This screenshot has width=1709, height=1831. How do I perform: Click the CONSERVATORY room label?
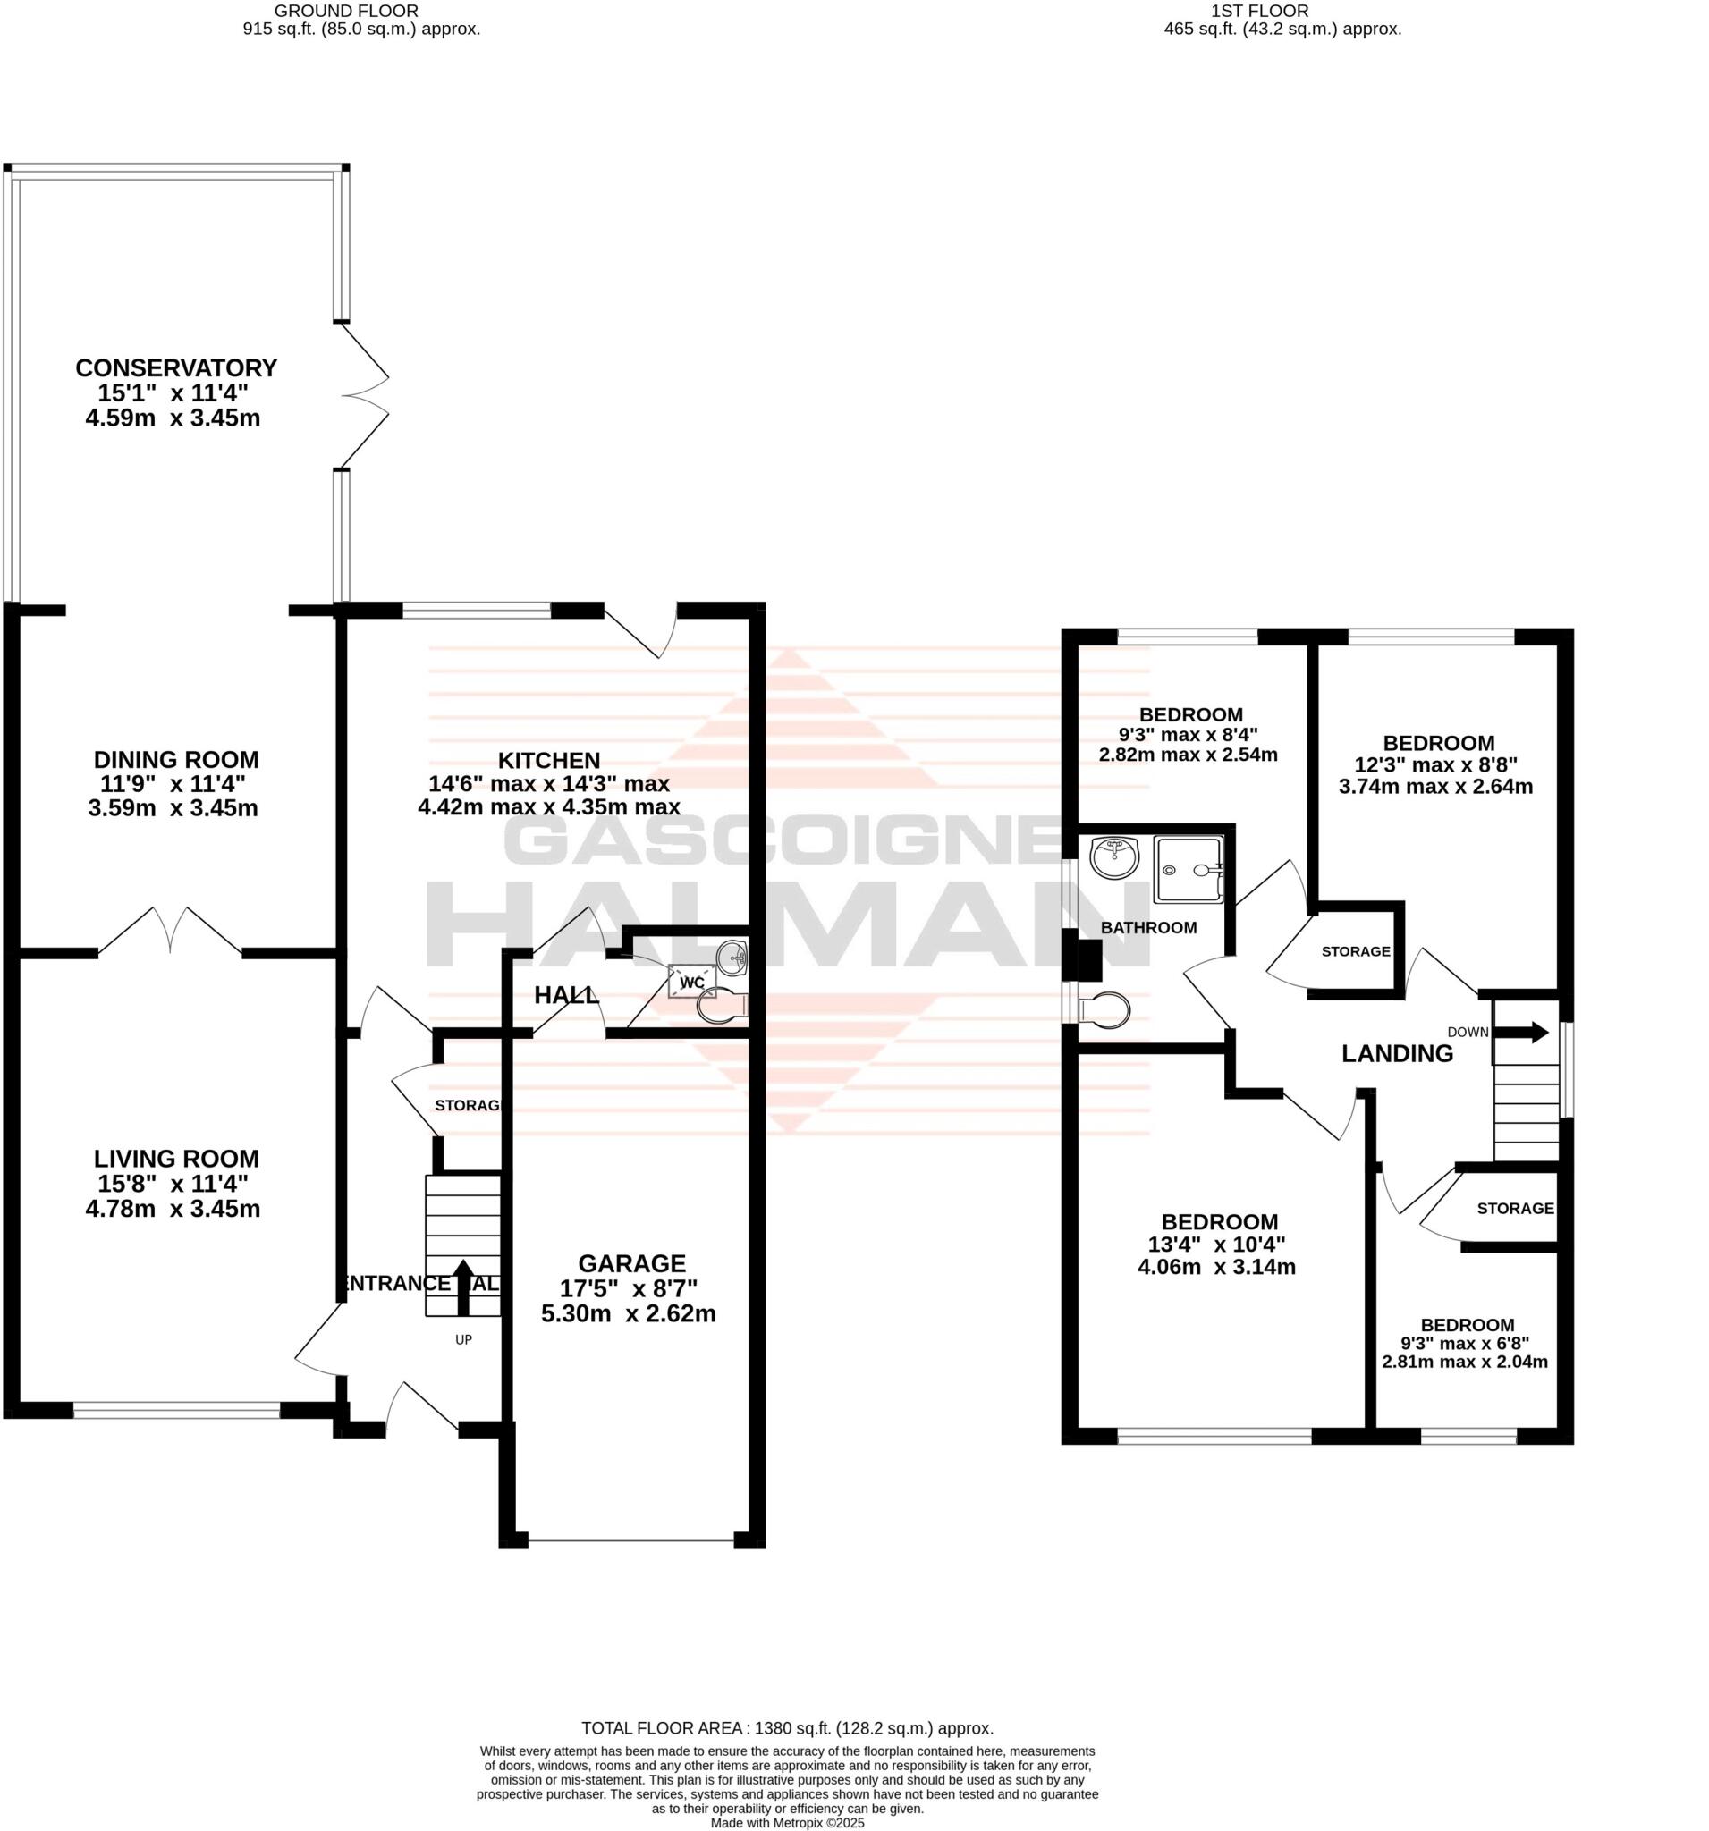175,367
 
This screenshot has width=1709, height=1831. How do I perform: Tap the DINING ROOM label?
176,760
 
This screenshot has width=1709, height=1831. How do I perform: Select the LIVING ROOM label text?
176,1159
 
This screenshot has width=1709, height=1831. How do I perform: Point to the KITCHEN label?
549,760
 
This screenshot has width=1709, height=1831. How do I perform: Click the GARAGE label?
631,1262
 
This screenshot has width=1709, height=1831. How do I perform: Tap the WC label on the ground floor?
691,983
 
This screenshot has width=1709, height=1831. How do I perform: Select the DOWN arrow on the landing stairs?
1526,1032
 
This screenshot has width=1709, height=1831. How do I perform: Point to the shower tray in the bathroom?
1189,869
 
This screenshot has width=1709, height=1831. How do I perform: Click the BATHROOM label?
1148,927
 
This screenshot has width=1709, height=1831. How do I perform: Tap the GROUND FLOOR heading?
346,11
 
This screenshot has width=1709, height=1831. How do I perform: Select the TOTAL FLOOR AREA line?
787,1729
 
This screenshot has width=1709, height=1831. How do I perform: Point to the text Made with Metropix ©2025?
787,1823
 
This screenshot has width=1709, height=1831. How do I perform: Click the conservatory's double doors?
364,396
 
